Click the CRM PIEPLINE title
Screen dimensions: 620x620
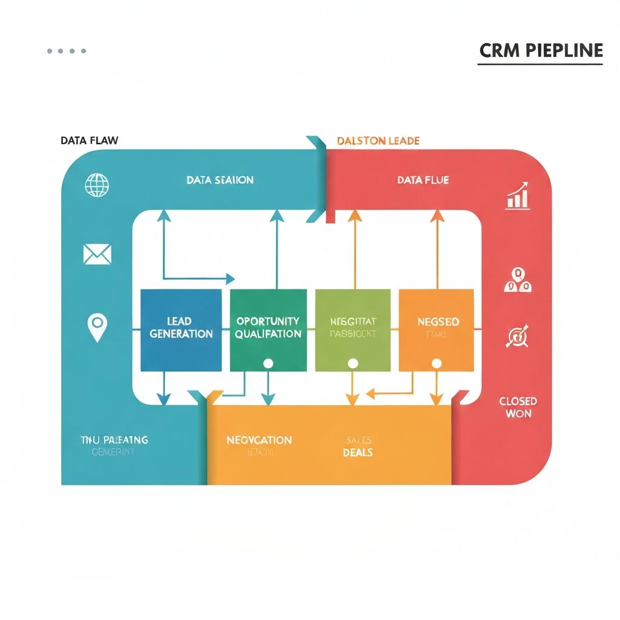point(541,50)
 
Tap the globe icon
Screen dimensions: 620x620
point(97,185)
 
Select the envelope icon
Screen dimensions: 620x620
point(97,254)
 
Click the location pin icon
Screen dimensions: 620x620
point(96,327)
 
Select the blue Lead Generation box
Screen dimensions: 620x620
point(180,330)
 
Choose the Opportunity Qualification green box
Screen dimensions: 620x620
point(268,330)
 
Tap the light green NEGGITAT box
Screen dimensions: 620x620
point(353,330)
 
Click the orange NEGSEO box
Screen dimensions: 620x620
point(436,330)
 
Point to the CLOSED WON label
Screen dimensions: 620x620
point(518,407)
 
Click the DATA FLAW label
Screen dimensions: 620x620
point(90,140)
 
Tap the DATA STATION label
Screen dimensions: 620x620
point(220,180)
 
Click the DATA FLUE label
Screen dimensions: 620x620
point(423,180)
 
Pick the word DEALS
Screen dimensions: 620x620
point(357,452)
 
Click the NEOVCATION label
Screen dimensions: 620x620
point(259,440)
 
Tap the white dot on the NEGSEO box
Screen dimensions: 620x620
point(436,363)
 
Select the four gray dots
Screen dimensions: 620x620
point(67,51)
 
